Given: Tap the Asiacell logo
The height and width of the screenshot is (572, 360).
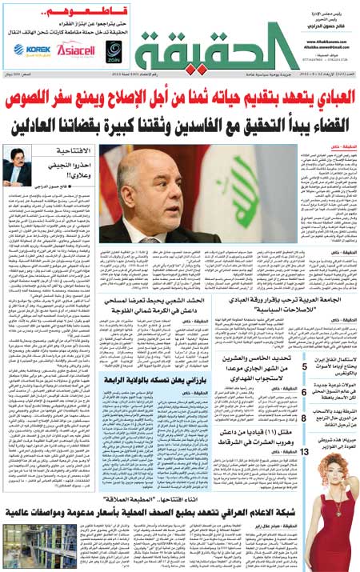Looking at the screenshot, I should (75, 49).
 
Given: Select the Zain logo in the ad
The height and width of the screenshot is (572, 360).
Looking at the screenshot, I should (114, 50).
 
